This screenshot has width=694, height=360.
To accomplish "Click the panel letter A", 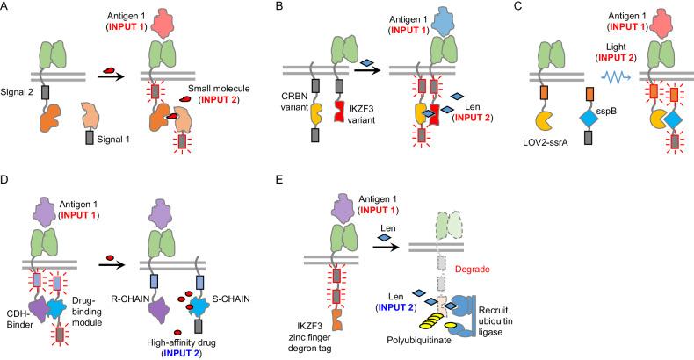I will pos(7,8).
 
